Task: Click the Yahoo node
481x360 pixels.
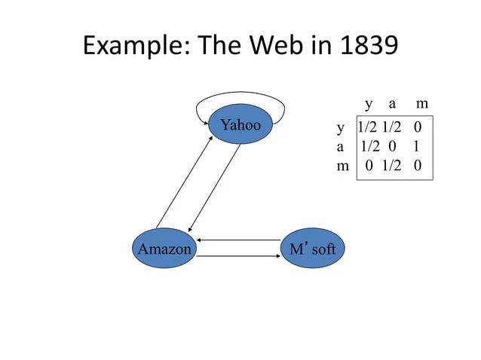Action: (240, 125)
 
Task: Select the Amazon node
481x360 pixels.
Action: (164, 248)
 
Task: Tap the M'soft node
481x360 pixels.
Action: (312, 248)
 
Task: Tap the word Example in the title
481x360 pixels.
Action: (135, 47)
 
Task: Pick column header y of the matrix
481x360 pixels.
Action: (369, 103)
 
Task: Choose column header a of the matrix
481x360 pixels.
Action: (392, 103)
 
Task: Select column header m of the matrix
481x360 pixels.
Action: (422, 103)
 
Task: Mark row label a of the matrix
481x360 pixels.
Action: (341, 146)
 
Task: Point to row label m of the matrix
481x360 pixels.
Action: (342, 165)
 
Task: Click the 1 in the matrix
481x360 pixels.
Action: (416, 146)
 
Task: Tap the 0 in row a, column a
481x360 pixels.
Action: (392, 146)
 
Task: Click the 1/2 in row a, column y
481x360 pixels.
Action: (369, 146)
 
